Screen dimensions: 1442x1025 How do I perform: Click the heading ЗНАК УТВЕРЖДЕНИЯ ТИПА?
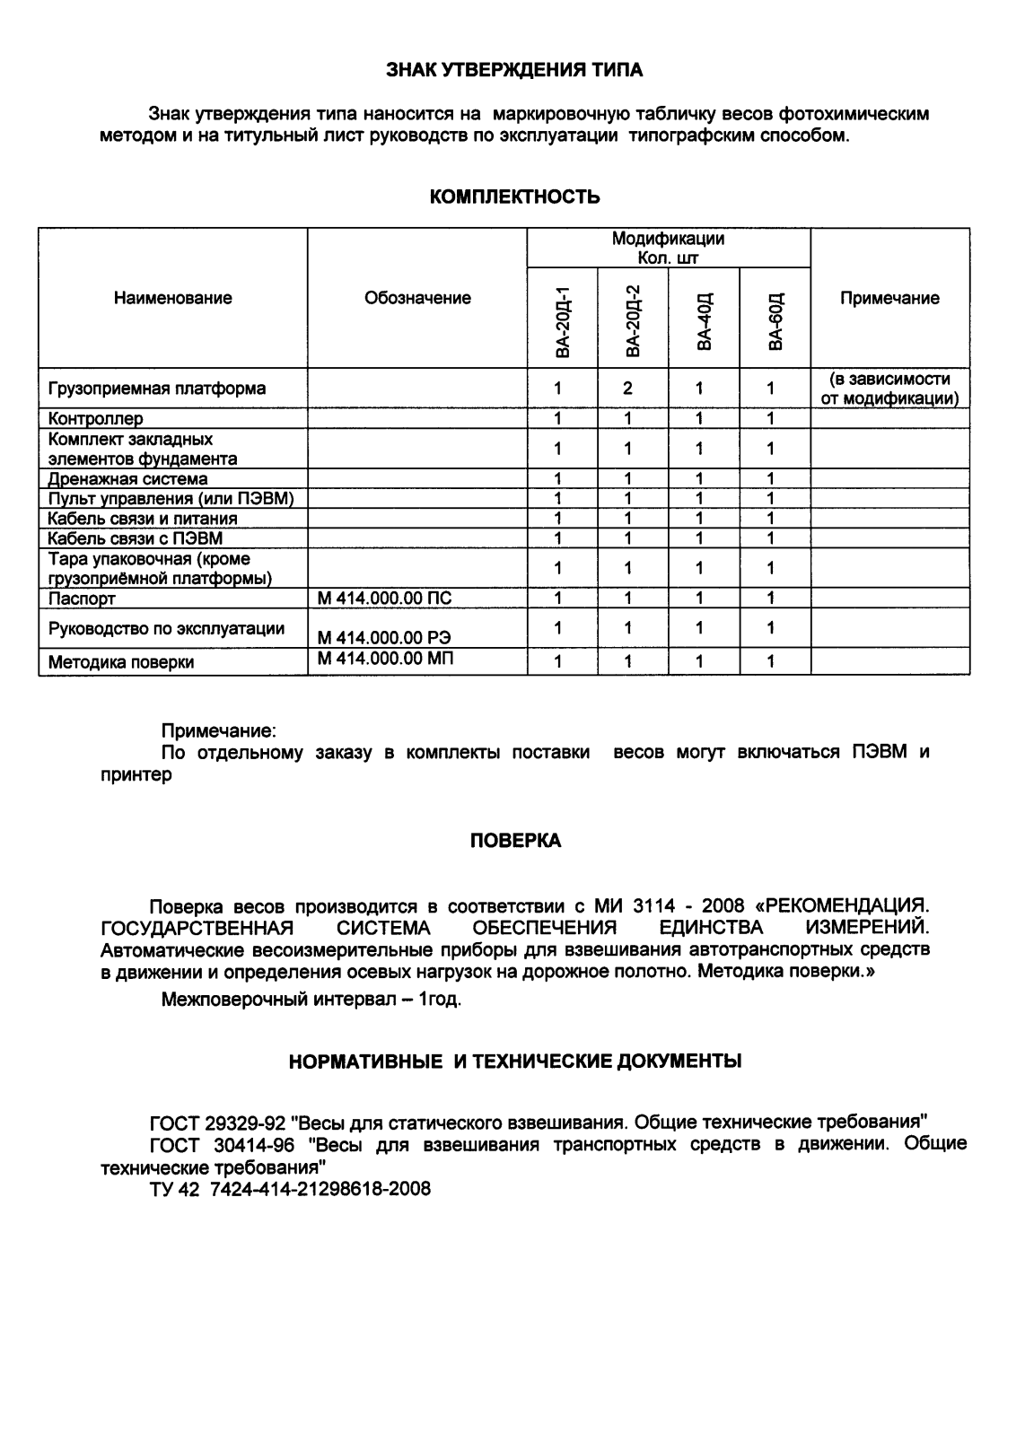point(514,70)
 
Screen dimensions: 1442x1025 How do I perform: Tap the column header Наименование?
point(172,298)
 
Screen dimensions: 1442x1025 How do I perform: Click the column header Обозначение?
point(417,298)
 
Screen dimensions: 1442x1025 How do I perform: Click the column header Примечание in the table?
point(889,298)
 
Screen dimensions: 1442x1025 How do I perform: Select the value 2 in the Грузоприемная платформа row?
point(628,389)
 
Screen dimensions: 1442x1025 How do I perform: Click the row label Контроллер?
point(95,418)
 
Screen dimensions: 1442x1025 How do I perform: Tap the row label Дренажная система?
point(127,479)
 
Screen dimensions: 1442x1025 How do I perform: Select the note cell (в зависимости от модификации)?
point(889,389)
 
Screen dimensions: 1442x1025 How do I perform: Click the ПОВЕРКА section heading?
point(515,841)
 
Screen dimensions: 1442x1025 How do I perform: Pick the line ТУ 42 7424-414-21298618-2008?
point(290,1189)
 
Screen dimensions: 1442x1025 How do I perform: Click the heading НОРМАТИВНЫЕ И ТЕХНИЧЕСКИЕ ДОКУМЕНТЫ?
point(514,1062)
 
